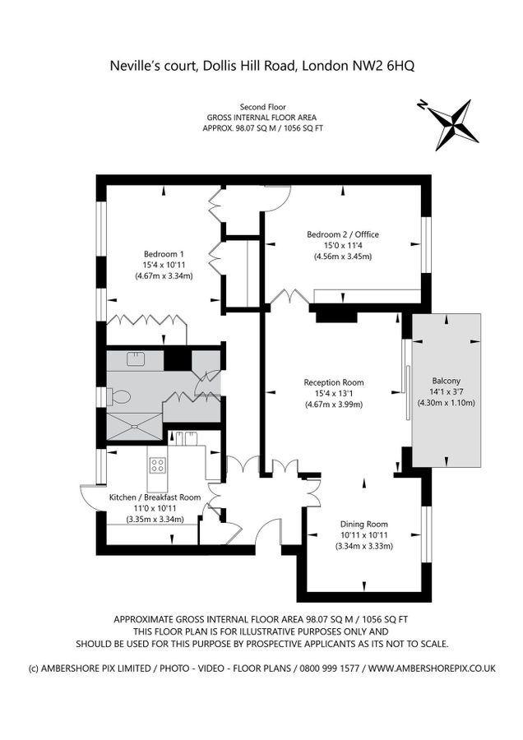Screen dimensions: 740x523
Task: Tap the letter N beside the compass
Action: [x=422, y=105]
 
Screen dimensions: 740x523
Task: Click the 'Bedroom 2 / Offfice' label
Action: [x=343, y=234]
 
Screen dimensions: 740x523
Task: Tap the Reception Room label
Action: [x=333, y=382]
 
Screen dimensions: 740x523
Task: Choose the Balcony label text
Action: [x=447, y=381]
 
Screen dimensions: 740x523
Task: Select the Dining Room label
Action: [x=363, y=524]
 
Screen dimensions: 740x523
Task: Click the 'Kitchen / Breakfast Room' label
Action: [x=155, y=497]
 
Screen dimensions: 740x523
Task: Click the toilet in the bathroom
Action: [x=120, y=396]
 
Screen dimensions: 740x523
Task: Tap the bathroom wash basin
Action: [x=136, y=358]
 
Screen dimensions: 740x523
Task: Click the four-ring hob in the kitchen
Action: [x=157, y=466]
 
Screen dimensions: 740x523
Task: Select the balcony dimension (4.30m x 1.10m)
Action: [x=447, y=403]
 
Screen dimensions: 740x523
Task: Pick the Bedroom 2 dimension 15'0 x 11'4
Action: [x=343, y=245]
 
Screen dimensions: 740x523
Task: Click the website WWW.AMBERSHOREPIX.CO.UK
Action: [x=432, y=668]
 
